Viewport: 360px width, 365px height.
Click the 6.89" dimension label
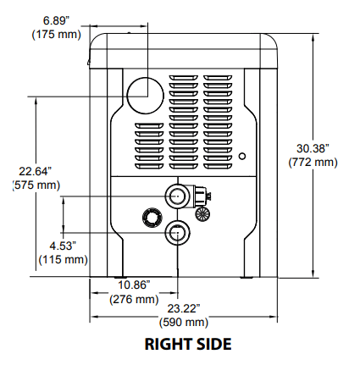coord(56,20)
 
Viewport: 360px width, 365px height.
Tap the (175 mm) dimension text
coord(57,35)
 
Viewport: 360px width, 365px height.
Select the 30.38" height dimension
coord(313,148)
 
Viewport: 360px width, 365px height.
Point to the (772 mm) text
coord(313,163)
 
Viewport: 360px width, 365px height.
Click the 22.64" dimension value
coord(36,171)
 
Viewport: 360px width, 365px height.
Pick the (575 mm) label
coord(36,185)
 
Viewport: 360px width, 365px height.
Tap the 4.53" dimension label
coord(63,246)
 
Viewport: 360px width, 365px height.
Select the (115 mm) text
coord(63,259)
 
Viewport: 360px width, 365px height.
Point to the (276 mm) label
coord(134,299)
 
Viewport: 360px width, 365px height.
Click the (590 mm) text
coord(184,323)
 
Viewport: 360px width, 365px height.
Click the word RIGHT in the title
coord(164,344)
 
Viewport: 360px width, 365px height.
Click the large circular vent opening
coord(145,96)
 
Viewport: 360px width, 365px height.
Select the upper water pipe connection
coord(177,196)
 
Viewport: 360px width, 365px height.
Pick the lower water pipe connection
coord(177,233)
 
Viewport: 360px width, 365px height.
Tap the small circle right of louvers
coord(242,156)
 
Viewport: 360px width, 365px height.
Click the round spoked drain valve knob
coord(202,213)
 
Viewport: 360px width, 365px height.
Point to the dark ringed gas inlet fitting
coord(152,217)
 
